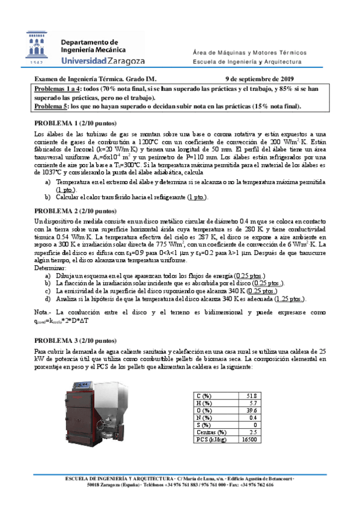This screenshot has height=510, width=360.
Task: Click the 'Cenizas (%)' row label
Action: pyautogui.click(x=211, y=432)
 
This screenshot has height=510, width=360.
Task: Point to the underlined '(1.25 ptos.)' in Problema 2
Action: pyautogui.click(x=289, y=299)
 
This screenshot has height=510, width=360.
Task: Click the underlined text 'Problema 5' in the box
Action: pyautogui.click(x=52, y=106)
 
